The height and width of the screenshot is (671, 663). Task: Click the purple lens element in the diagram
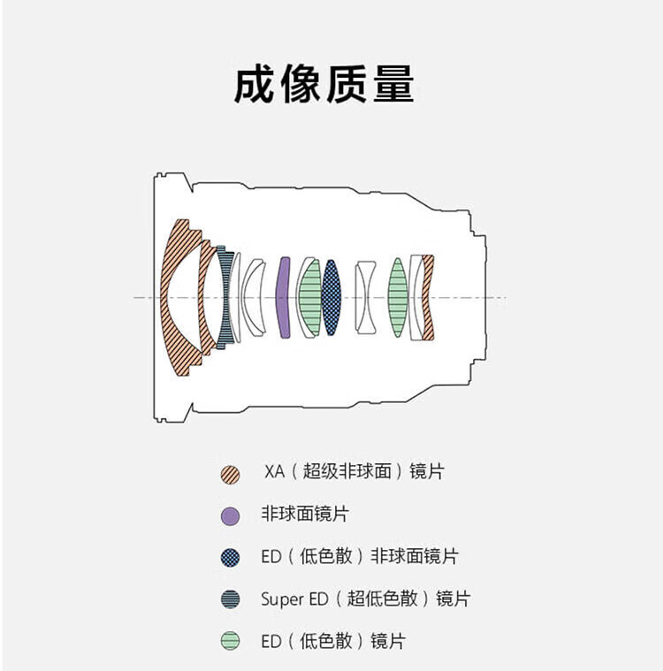284,297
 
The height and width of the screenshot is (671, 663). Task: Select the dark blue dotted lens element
331,297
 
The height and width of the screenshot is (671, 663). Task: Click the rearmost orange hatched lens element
429,297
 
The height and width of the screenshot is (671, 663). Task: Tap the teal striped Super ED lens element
227,297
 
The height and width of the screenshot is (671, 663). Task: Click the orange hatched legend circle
231,474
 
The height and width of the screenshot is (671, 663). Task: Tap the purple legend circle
231,515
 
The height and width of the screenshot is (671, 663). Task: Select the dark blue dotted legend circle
231,557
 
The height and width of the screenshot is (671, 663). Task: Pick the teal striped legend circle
231,599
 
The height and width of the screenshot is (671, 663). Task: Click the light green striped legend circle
231,641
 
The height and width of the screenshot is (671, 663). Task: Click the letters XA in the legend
275,471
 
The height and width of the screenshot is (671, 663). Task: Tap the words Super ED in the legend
294,599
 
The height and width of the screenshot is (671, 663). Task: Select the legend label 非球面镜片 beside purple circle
305,514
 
